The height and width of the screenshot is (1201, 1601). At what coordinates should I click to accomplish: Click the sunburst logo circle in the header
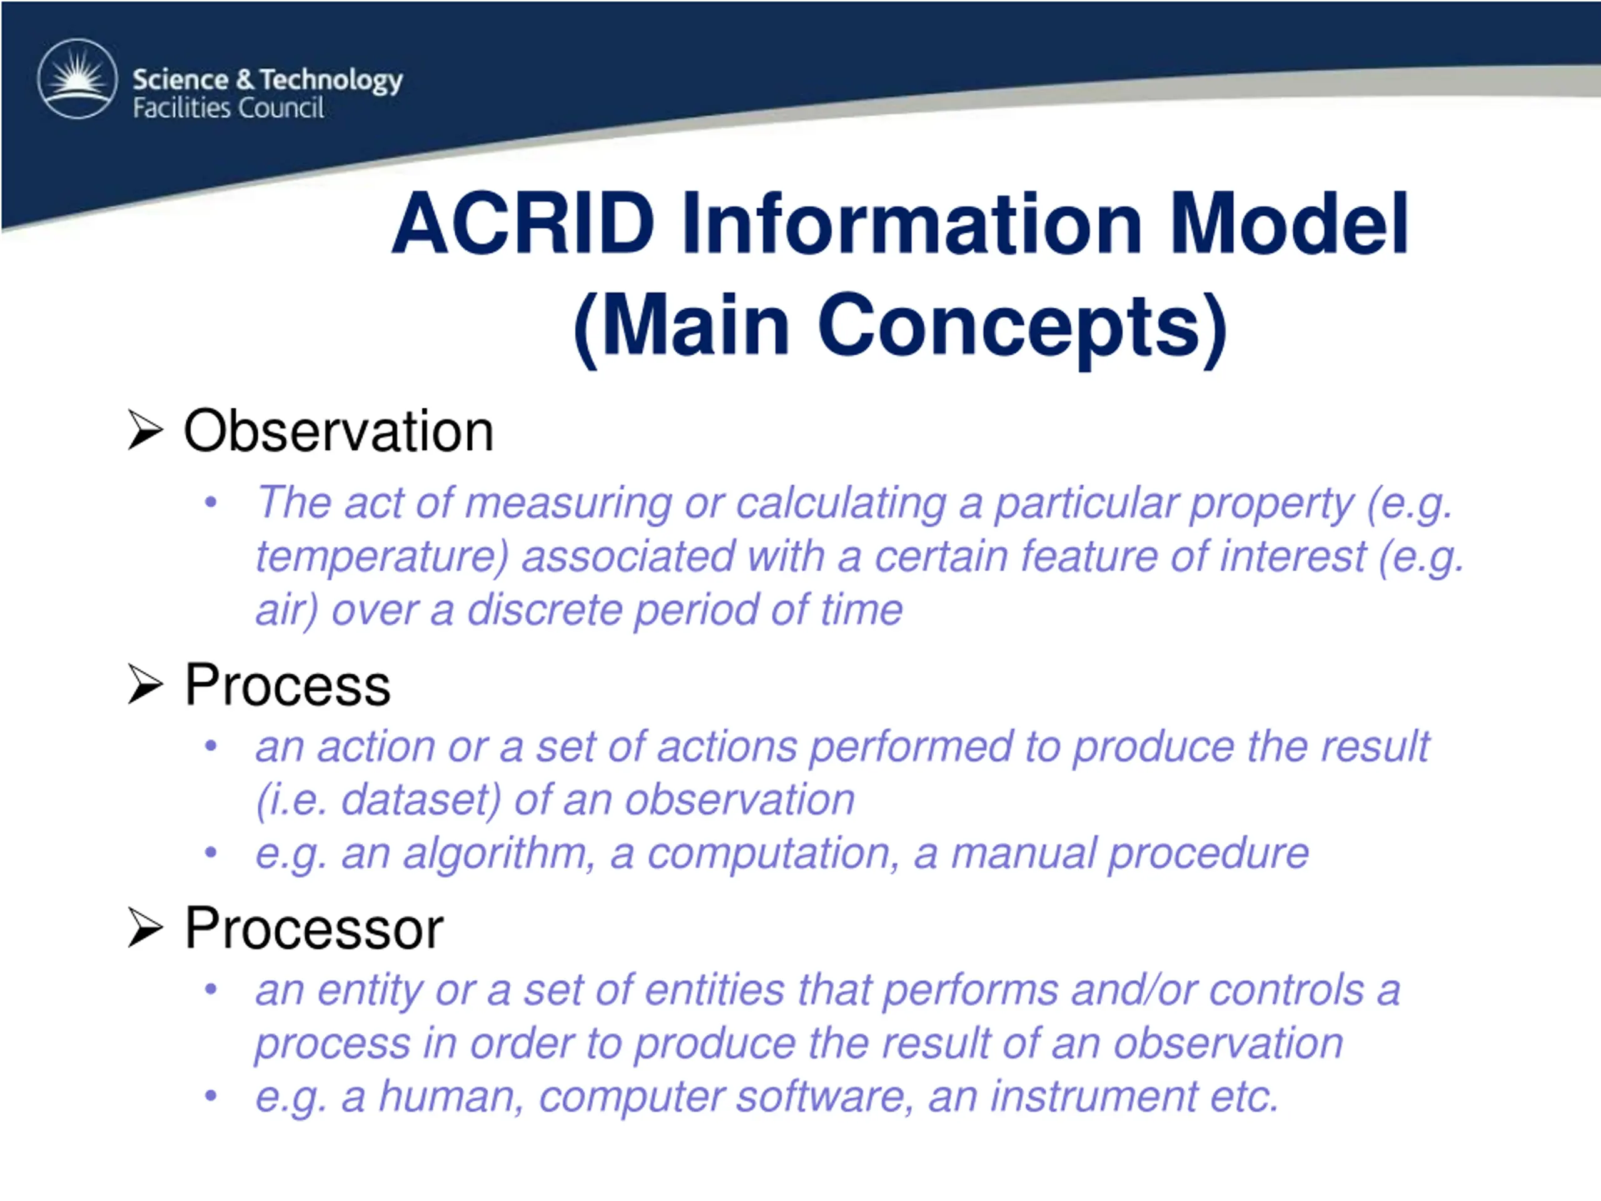point(78,78)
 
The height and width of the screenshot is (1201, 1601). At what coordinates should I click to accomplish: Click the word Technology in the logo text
point(331,79)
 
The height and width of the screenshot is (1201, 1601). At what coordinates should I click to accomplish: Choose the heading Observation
point(339,431)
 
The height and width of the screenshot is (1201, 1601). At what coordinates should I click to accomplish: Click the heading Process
point(287,685)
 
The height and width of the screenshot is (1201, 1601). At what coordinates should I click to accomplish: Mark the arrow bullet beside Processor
point(144,928)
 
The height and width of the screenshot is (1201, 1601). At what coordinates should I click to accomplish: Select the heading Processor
point(314,928)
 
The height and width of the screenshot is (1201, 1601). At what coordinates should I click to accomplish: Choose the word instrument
point(1093,1096)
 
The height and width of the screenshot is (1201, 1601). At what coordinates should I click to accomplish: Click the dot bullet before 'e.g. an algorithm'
point(211,853)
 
